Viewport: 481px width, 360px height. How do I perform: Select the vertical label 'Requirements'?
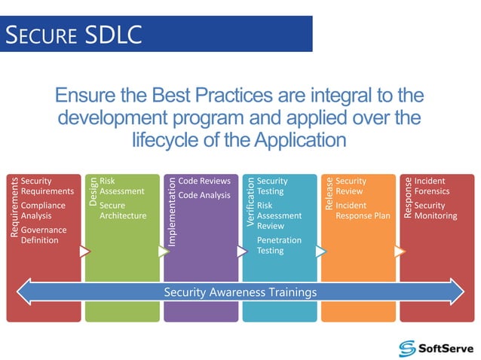[14, 207]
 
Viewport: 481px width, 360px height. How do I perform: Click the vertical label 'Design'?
[93, 191]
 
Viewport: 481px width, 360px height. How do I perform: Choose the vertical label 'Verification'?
[250, 202]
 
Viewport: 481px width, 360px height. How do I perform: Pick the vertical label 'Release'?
[328, 193]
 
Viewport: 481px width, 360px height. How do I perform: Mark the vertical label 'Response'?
[407, 197]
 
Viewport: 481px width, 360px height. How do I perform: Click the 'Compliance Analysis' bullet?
[43, 210]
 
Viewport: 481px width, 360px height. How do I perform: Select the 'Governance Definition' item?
[44, 235]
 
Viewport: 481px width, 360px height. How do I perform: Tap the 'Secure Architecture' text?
[122, 210]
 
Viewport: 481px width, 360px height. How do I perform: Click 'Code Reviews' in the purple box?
[204, 182]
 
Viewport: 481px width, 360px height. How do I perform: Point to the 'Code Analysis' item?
[204, 195]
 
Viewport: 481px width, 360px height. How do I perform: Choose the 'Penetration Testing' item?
[279, 245]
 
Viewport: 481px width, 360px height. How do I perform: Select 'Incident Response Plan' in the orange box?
[362, 210]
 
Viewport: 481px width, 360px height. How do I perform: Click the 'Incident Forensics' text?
[431, 186]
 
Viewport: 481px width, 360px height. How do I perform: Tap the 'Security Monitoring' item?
[435, 210]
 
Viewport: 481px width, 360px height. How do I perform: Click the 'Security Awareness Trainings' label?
[240, 292]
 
